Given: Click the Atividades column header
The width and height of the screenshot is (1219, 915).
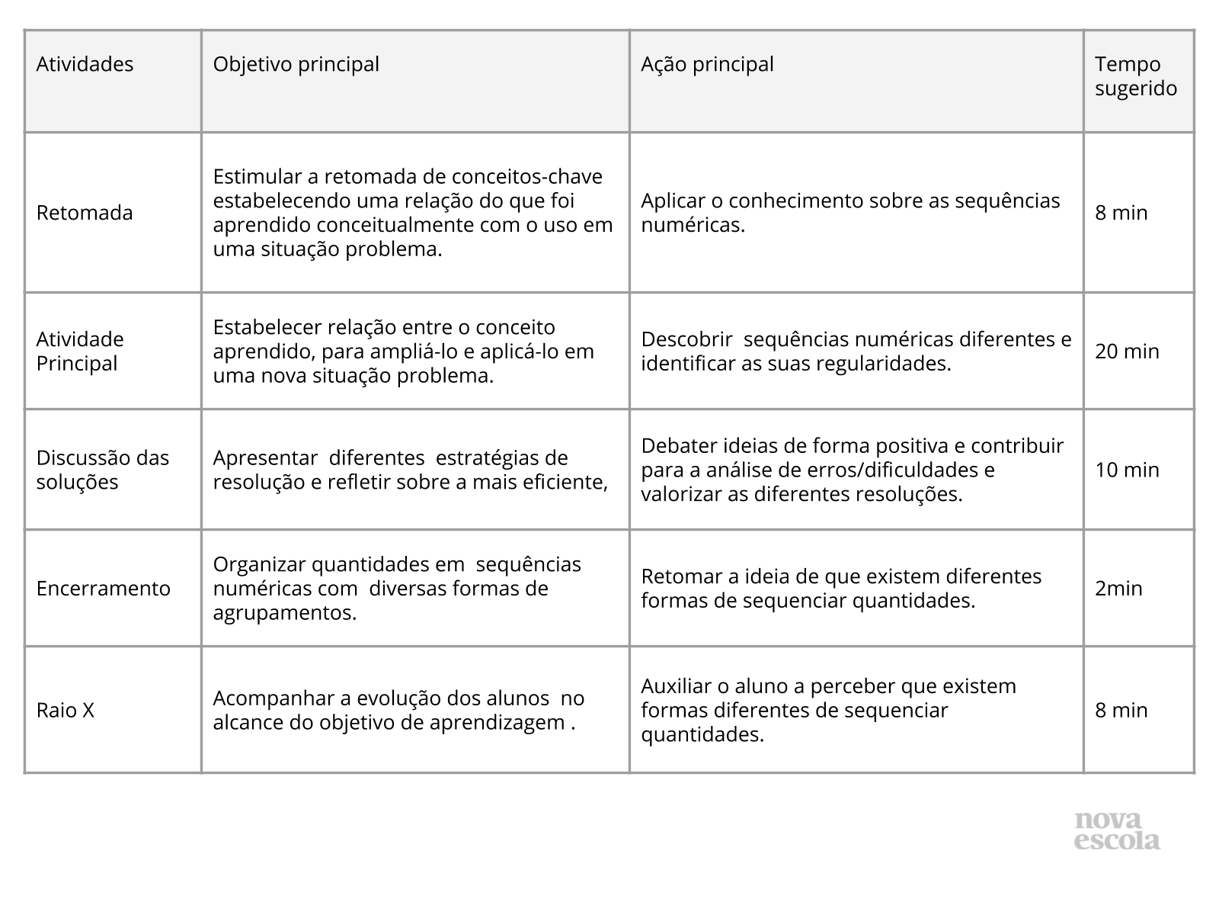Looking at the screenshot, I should (85, 64).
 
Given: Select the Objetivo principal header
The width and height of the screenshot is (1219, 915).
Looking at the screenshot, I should (296, 64).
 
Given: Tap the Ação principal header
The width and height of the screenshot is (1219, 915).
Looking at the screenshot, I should (707, 64).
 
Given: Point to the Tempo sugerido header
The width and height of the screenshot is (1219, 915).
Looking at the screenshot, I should (1135, 76).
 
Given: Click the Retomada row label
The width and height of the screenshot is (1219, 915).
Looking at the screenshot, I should (85, 213).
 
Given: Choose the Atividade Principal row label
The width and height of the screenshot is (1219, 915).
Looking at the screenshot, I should (80, 351).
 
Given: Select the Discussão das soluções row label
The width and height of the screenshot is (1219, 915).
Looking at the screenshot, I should (103, 470).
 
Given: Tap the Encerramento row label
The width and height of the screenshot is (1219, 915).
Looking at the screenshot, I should (104, 589).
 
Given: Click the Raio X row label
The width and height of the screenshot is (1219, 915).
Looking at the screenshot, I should (66, 711).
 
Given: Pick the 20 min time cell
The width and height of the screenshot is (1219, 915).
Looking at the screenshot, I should (1127, 352).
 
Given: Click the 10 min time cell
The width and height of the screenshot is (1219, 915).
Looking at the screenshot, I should (1127, 470).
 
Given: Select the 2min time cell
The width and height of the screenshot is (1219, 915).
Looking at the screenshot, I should (1118, 589).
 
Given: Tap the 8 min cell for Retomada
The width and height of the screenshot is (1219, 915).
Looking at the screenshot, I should (1121, 213).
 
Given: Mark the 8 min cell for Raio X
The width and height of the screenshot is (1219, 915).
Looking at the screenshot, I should (1121, 711).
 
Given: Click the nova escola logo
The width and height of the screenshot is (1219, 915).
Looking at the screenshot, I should (1117, 831).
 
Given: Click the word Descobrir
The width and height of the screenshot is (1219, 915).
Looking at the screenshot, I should (686, 339).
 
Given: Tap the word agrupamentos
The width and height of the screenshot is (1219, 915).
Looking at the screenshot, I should (284, 613).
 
